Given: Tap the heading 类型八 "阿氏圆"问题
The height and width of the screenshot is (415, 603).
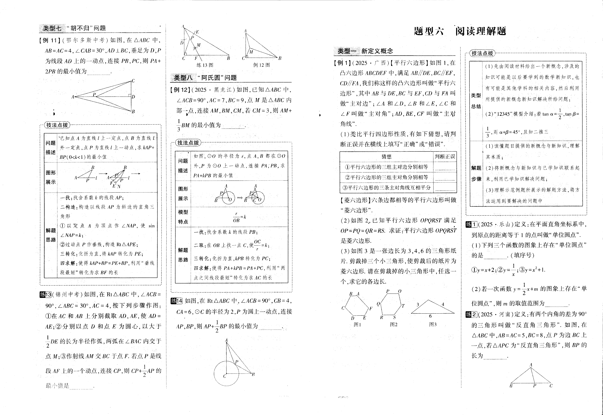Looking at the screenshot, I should coord(205,77).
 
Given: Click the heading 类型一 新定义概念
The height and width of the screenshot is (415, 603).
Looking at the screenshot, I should coord(365,51).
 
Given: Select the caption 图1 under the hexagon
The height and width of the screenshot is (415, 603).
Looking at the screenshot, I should coord(358,324).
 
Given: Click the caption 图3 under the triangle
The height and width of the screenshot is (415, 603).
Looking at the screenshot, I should coord(433,324).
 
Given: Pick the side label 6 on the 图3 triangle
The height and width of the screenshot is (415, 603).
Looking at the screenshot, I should coord(430,316).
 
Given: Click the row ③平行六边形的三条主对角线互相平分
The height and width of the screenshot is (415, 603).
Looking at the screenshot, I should coord(386,188).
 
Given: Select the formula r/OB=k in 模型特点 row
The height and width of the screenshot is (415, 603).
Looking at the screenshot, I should coord(239,217).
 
